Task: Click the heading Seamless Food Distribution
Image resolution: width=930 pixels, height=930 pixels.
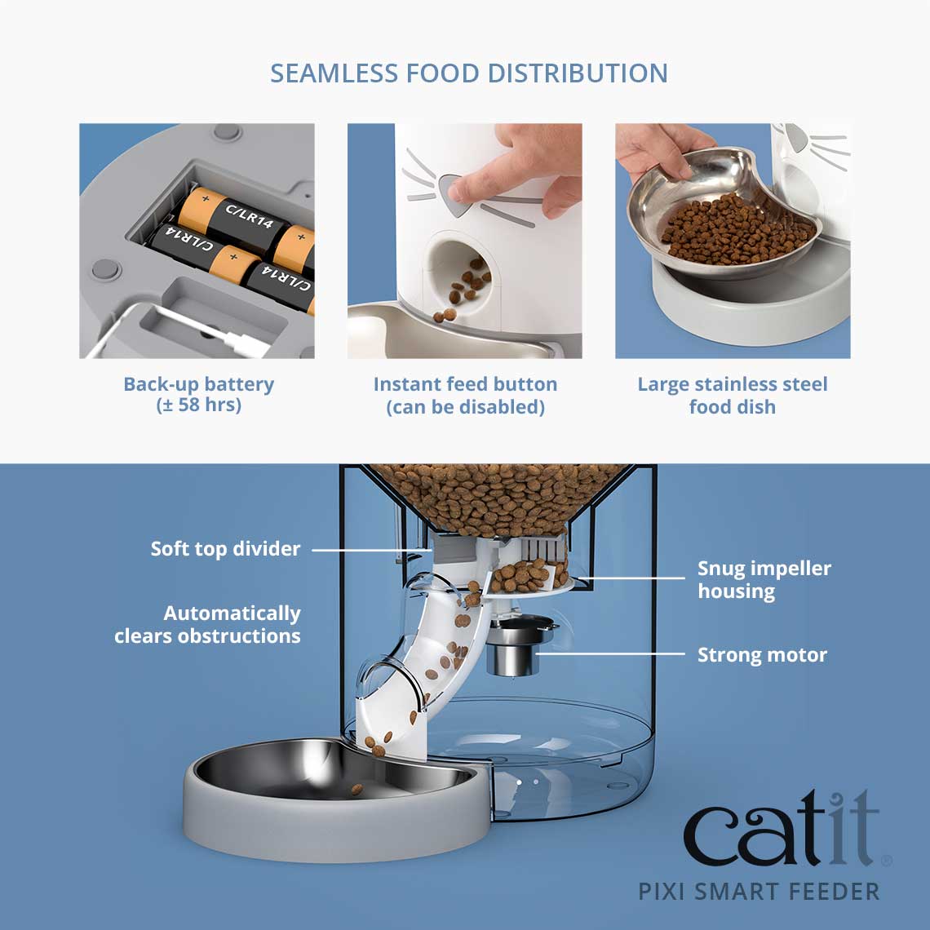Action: (x=469, y=73)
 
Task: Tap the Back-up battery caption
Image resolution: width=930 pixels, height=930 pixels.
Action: (x=198, y=395)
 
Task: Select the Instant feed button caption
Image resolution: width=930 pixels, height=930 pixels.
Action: (x=465, y=395)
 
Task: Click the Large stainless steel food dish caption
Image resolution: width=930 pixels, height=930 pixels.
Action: (x=733, y=395)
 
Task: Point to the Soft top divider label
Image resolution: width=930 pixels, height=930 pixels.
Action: (x=225, y=549)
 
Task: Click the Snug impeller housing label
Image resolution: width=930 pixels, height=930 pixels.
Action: (x=764, y=579)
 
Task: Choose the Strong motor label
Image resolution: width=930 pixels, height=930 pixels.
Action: (x=762, y=655)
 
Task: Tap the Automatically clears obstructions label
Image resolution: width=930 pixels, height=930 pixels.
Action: (x=208, y=624)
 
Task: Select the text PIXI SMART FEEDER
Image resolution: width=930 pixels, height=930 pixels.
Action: (x=759, y=891)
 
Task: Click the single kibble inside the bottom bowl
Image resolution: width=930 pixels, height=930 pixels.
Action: (x=356, y=789)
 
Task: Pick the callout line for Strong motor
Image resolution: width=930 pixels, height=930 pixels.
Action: (x=612, y=654)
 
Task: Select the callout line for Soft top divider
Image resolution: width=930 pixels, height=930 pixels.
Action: (x=371, y=549)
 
